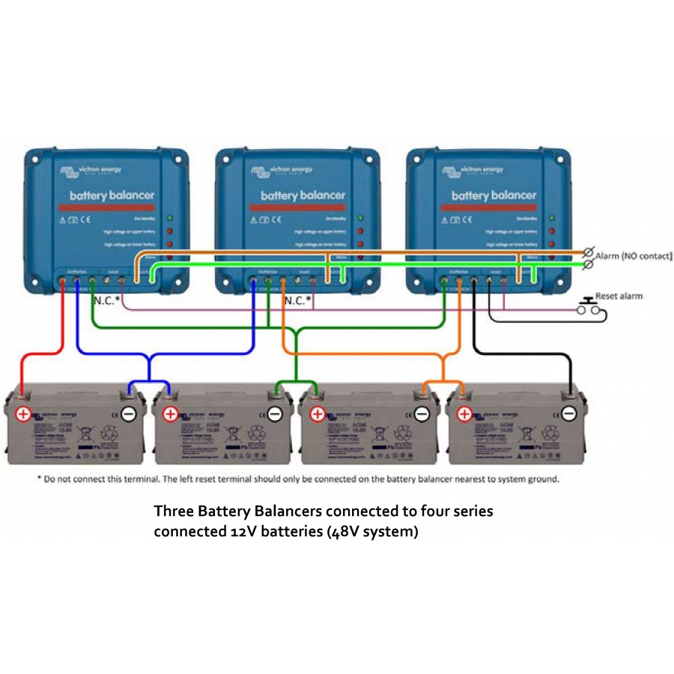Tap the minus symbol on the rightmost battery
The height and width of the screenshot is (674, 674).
click(569, 413)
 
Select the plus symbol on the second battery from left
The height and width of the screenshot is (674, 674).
click(170, 413)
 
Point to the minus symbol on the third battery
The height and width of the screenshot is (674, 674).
click(422, 413)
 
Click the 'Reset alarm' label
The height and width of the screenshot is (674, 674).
click(619, 296)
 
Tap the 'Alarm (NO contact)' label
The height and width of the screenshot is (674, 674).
click(634, 256)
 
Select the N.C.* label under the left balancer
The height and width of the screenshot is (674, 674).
click(107, 300)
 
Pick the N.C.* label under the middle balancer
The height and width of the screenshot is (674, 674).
click(297, 300)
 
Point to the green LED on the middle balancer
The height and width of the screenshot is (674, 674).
click(361, 219)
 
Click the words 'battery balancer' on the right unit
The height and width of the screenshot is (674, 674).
click(494, 195)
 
